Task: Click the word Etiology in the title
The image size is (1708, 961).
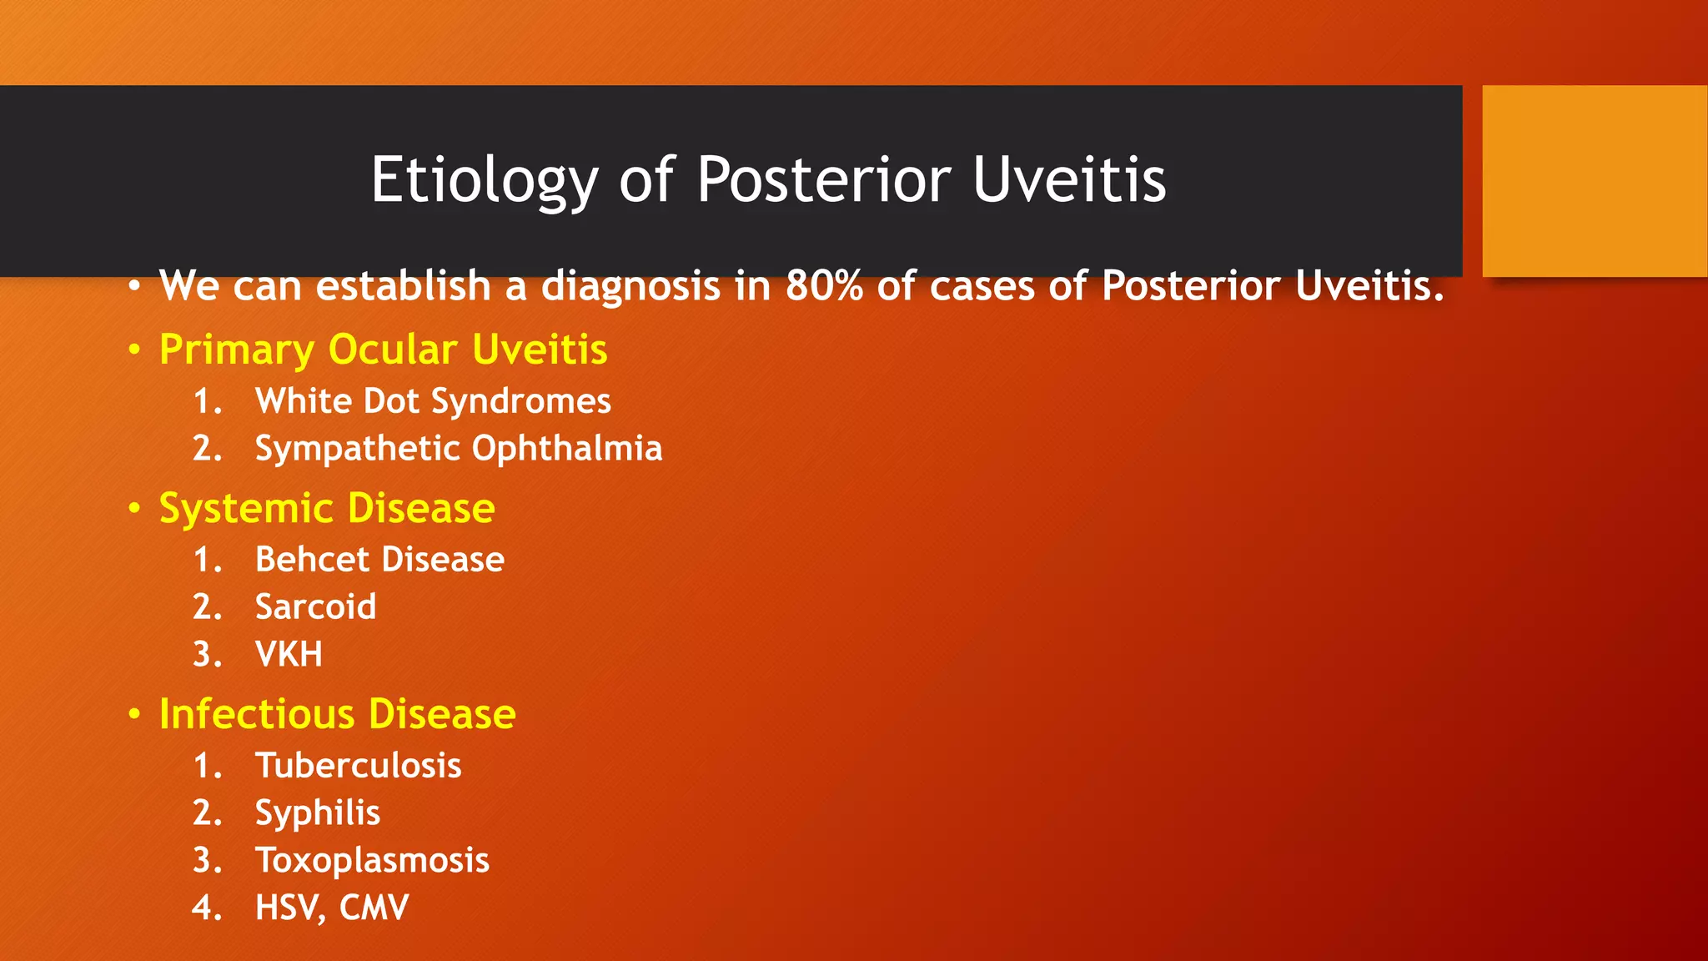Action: click(484, 180)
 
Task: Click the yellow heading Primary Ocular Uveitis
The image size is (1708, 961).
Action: click(383, 350)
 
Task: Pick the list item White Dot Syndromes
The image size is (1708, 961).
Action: click(433, 401)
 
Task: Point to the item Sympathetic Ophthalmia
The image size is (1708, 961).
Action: click(458, 449)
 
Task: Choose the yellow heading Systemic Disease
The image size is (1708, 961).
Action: click(327, 508)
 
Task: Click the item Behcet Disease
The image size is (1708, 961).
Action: click(379, 560)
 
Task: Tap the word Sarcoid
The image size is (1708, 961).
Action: click(315, 607)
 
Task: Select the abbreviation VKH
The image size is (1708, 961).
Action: click(289, 654)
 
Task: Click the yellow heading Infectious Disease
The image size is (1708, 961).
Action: click(337, 714)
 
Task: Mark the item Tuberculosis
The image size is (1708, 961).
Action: click(358, 766)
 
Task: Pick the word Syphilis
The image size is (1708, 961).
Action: click(317, 813)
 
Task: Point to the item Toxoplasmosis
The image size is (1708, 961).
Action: click(372, 861)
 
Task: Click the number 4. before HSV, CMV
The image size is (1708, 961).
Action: click(207, 908)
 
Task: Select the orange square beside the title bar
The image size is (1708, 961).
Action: click(1594, 181)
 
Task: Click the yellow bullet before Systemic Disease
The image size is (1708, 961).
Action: click(134, 509)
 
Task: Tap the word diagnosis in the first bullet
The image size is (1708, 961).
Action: click(630, 286)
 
